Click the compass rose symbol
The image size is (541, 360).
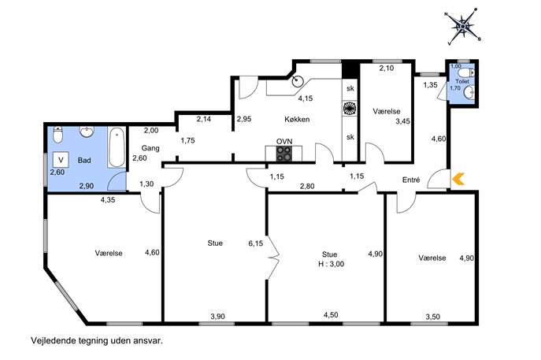tap(463, 26)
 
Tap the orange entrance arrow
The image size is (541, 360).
tap(458, 179)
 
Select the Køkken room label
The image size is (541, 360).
tap(297, 120)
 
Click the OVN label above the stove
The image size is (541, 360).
tap(284, 142)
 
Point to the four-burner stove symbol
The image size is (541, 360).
tap(284, 154)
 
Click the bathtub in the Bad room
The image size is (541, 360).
tap(117, 147)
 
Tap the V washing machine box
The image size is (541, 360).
tap(61, 160)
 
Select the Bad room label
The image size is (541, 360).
tap(84, 161)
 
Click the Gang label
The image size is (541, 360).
tap(150, 148)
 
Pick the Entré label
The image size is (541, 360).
tap(411, 180)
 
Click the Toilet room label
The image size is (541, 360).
tap(462, 81)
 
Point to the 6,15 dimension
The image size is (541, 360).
tap(256, 243)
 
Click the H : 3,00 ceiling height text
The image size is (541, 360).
tap(332, 264)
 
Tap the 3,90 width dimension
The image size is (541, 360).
tap(217, 316)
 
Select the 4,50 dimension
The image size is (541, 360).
tap(331, 315)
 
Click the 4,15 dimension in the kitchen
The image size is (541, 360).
tap(306, 98)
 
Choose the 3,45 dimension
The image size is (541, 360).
tap(402, 121)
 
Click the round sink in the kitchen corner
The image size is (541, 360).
tap(297, 81)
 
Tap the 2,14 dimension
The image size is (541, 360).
tap(204, 120)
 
